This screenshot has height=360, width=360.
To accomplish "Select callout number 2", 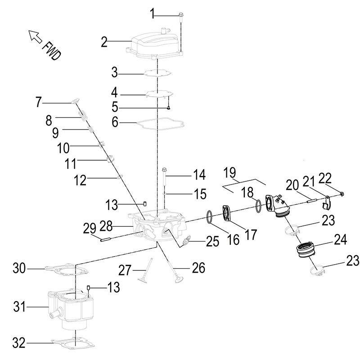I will coord(104,42).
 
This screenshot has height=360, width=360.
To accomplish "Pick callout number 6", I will coord(115,122).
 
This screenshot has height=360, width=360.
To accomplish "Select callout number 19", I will coord(229,172).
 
